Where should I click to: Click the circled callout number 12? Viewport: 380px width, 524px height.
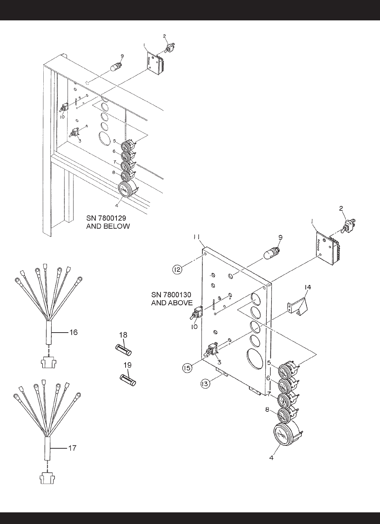tap(177, 270)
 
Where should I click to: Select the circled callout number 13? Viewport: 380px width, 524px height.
tap(206, 384)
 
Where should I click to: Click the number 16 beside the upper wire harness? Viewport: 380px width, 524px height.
tap(73, 332)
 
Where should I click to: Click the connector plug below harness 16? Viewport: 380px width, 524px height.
tap(46, 360)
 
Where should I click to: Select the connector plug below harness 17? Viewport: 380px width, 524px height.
tap(46, 478)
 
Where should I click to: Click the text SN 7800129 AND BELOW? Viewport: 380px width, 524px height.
tap(108, 222)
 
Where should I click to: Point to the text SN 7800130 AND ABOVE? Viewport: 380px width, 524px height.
tap(171, 298)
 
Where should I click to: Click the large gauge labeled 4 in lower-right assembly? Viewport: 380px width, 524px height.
tap(286, 436)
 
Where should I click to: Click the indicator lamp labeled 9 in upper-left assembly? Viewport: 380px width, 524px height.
tap(116, 67)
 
